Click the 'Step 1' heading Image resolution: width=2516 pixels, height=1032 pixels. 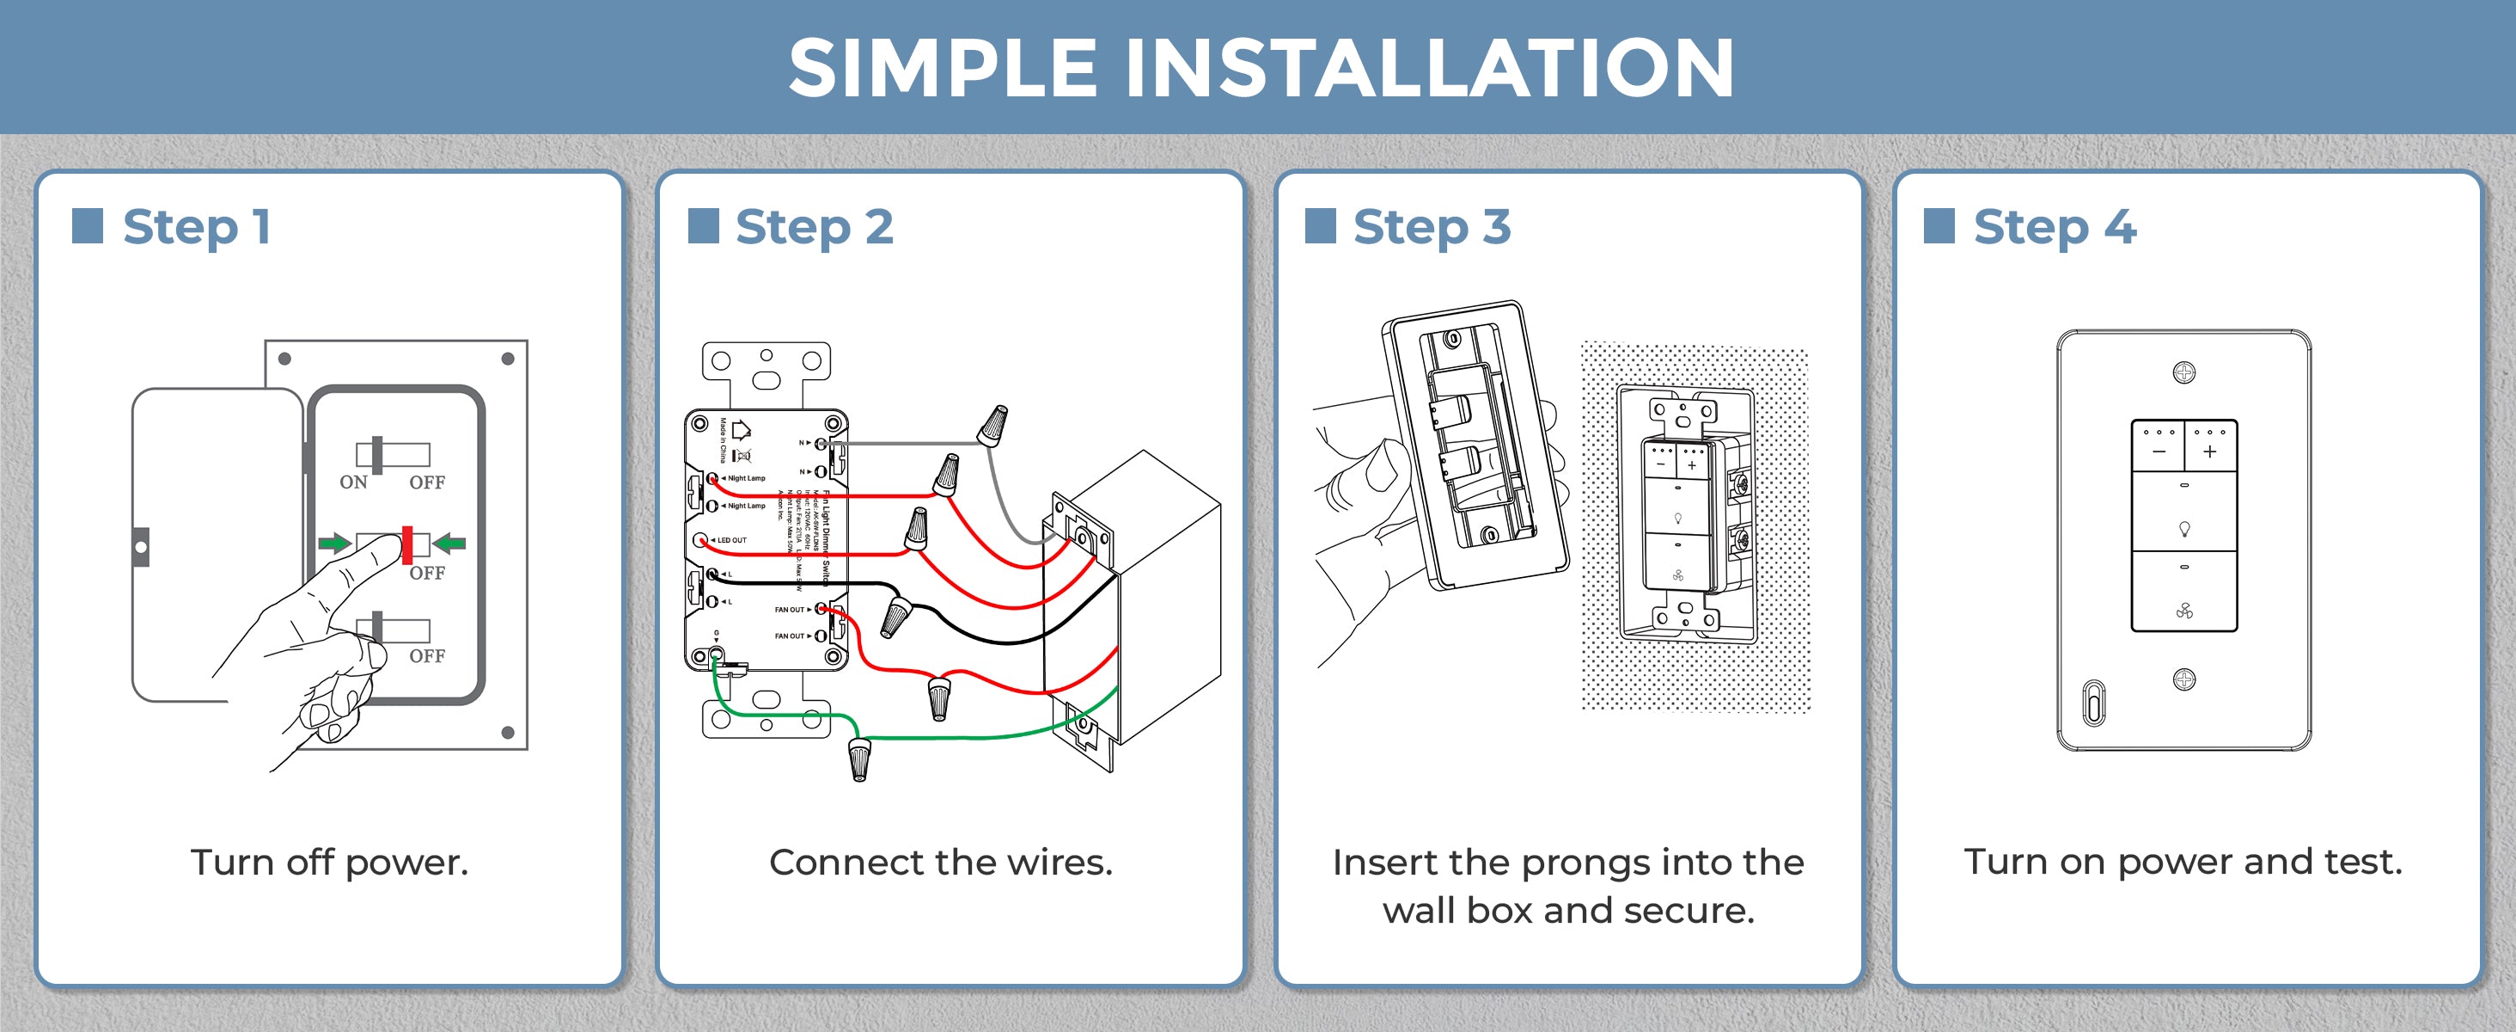(195, 227)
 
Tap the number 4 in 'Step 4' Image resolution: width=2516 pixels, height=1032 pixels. (2120, 227)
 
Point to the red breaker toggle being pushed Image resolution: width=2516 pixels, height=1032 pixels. (407, 545)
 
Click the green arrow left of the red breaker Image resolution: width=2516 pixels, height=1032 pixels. (334, 544)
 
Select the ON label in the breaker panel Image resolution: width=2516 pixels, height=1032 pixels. (353, 482)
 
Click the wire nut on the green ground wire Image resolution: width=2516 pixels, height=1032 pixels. (858, 759)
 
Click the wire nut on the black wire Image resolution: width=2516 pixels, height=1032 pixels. (895, 617)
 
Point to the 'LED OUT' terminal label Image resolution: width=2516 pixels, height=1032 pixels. (730, 540)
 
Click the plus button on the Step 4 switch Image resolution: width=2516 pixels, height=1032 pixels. (2209, 451)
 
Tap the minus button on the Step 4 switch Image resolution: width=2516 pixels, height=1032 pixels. (2159, 451)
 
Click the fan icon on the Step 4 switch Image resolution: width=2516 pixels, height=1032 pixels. (2184, 611)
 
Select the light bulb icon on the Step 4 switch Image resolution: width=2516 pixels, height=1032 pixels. (2184, 529)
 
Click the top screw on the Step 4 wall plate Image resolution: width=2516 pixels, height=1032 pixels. (2184, 372)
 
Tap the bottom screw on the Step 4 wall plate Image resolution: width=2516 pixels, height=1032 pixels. (2184, 679)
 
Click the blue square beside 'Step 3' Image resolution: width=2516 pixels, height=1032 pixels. (1321, 225)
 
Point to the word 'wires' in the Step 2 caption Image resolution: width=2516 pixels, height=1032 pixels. (1059, 862)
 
